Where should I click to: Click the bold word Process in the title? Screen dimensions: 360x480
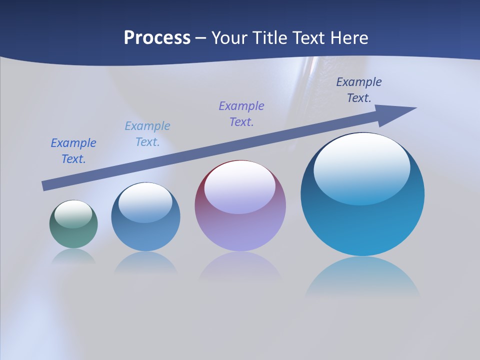[157, 38]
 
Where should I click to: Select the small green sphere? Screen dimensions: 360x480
[73, 235]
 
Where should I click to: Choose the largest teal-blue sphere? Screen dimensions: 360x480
[362, 225]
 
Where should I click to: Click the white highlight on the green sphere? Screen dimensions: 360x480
[73, 214]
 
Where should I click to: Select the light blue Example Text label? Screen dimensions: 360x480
[147, 134]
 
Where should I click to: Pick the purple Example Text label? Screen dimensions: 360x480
[241, 114]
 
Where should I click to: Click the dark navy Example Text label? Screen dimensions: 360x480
[359, 90]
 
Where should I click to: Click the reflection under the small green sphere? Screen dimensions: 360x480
[73, 257]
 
